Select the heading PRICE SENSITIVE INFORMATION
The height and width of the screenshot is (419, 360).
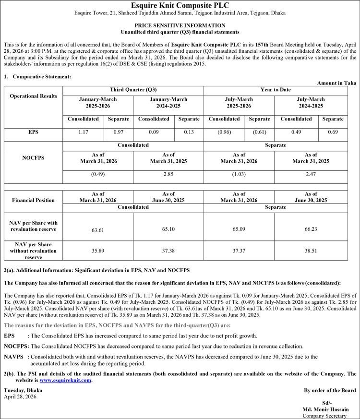[180, 25]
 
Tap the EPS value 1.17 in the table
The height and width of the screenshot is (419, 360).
[84, 132]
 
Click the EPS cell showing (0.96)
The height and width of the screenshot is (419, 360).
[224, 132]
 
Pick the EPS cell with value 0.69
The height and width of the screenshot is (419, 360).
[333, 132]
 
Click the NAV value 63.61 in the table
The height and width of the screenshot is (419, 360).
[98, 230]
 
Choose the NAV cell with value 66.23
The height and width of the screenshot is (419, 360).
[311, 229]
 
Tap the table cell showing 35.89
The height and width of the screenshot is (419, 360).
[98, 251]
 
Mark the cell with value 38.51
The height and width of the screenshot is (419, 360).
[311, 250]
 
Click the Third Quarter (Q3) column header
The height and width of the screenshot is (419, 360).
[133, 90]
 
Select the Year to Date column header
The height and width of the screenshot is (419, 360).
[276, 90]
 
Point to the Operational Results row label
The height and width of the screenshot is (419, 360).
[33, 96]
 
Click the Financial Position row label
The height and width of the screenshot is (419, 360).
[33, 200]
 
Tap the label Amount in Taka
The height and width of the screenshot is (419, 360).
[336, 83]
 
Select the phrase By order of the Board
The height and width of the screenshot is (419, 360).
[330, 391]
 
